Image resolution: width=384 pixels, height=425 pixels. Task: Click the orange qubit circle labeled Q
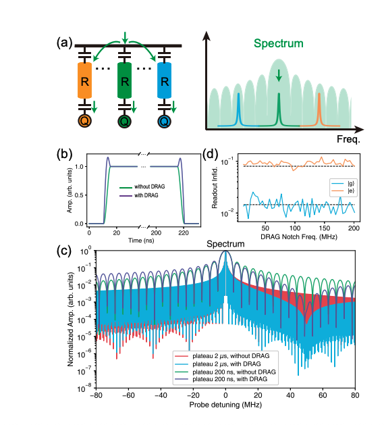[x=85, y=122]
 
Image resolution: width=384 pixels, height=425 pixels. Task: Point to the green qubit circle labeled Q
[x=124, y=122]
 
